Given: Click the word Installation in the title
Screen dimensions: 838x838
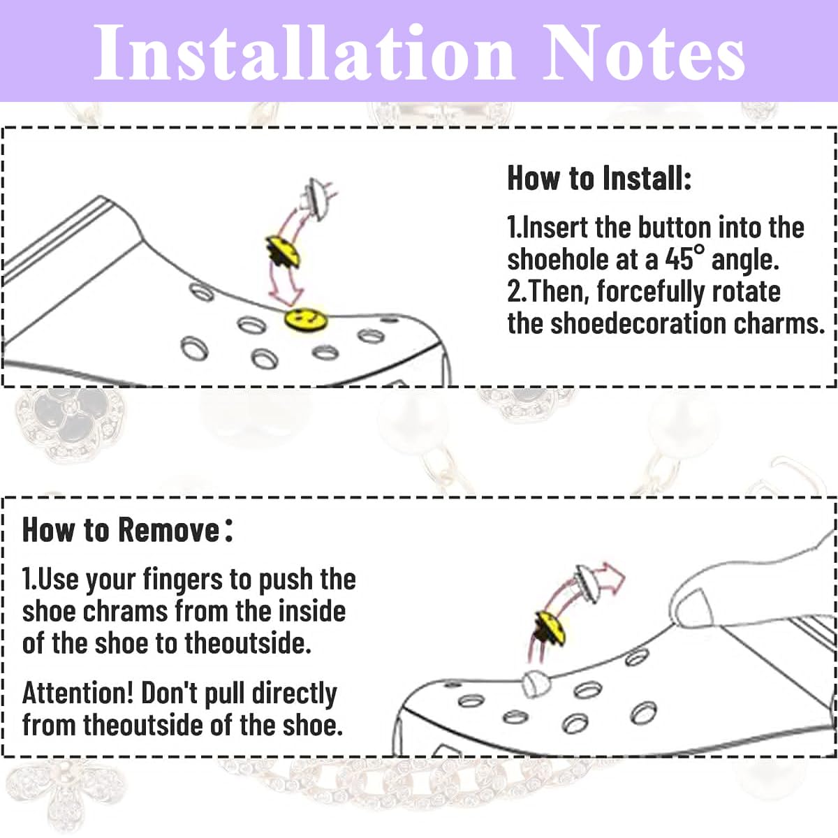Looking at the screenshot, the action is click(304, 53).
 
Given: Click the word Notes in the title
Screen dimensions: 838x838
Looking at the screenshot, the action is click(644, 53).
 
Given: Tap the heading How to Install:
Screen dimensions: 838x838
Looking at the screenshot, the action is click(599, 178).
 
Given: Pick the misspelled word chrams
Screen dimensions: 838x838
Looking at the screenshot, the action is click(126, 611).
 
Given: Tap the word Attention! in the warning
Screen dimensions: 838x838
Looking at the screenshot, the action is click(78, 693).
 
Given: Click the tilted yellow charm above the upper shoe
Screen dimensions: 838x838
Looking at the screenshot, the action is click(283, 253).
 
